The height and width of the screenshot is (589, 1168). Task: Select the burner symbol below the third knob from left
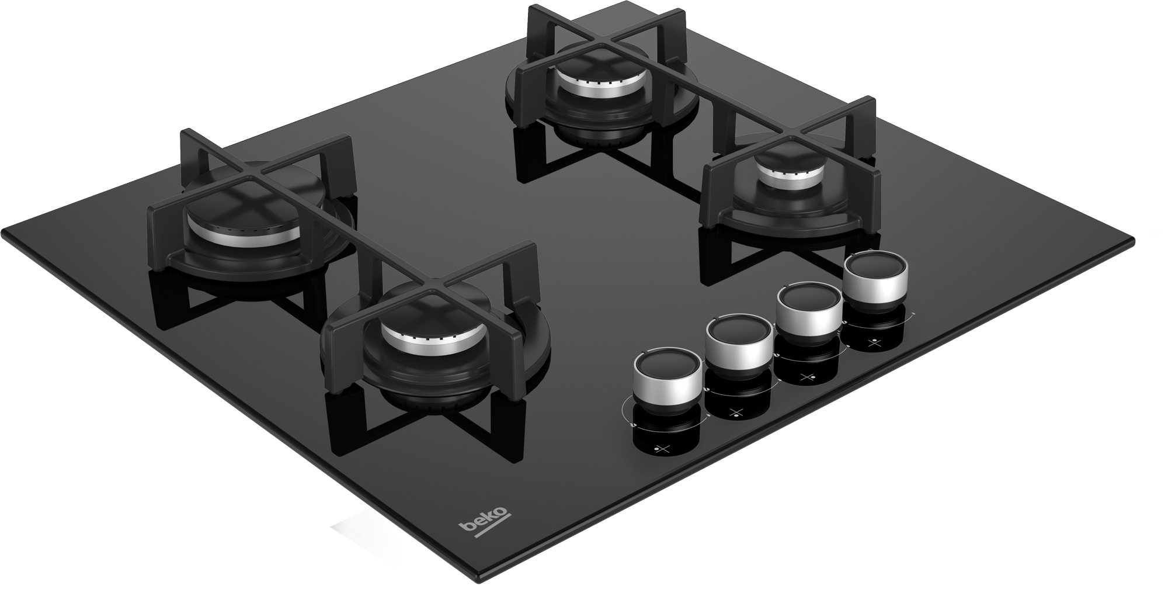[807, 377]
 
